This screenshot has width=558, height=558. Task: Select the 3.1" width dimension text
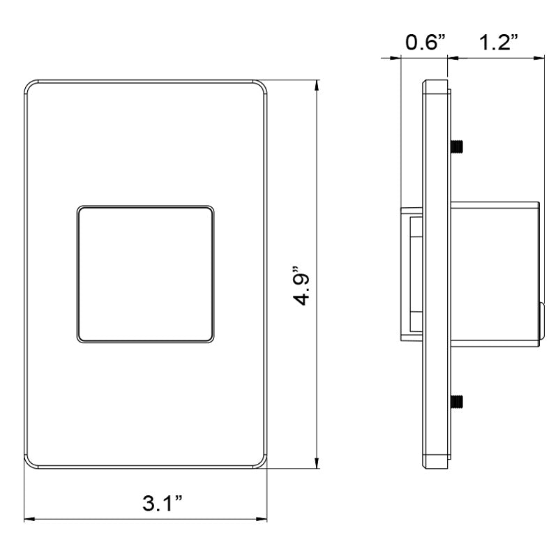click(163, 504)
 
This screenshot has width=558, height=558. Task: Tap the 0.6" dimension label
click(425, 43)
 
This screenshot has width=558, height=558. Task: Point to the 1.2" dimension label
click(498, 43)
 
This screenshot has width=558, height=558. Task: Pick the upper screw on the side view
click(458, 147)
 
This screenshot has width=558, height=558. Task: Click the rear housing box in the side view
click(495, 272)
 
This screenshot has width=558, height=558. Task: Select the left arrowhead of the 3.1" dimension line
click(28, 519)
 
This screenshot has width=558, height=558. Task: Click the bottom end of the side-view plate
click(435, 463)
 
